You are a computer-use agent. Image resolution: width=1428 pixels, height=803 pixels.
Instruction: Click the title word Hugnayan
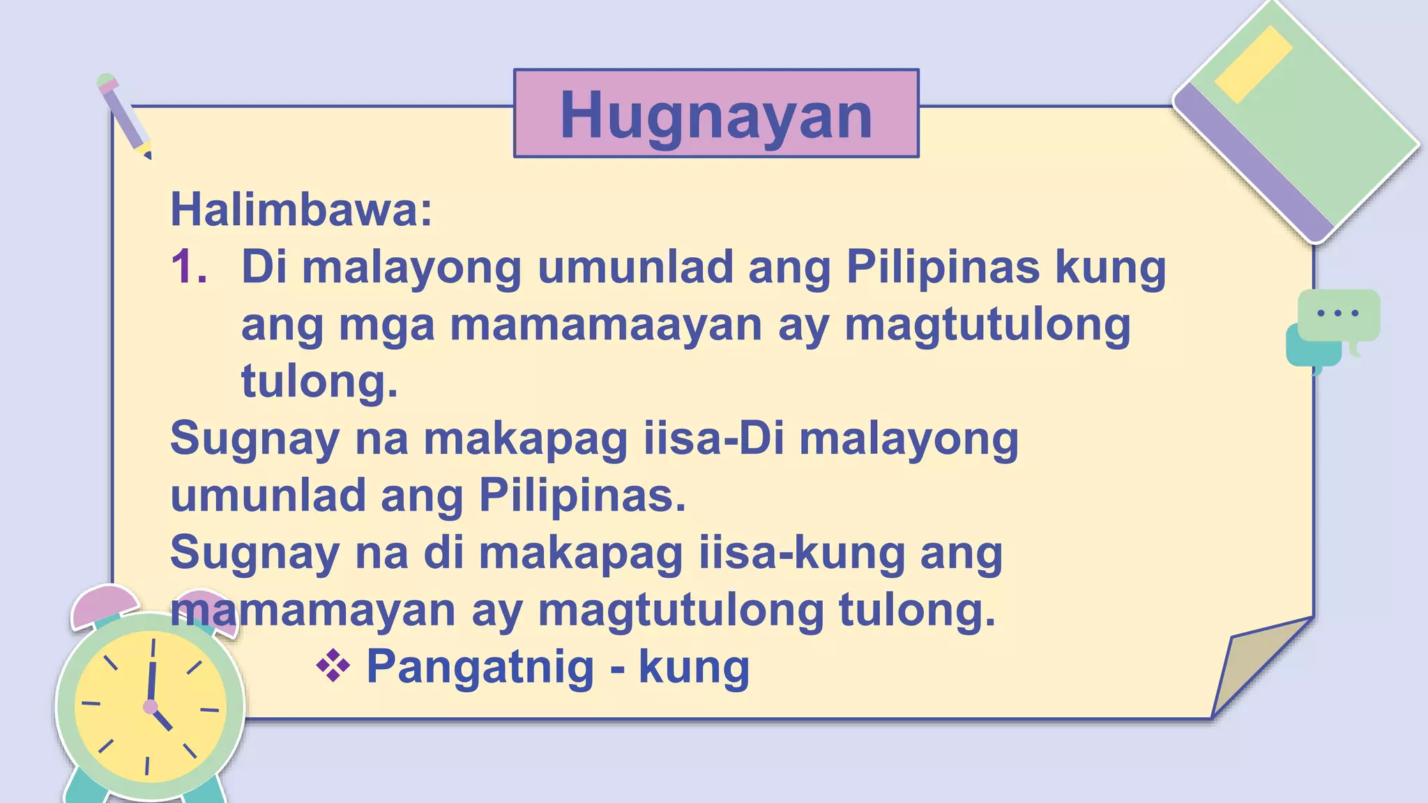(716, 115)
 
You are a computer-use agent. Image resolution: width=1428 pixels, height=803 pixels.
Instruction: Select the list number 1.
(189, 267)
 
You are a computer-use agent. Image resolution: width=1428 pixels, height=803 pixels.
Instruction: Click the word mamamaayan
(606, 325)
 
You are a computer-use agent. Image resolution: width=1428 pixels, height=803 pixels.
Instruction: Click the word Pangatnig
(480, 667)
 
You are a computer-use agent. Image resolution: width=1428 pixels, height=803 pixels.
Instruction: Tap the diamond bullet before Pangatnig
(333, 666)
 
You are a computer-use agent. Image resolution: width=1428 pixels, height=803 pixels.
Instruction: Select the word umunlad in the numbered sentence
(635, 267)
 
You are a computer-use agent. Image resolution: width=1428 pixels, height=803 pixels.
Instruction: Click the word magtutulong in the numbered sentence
(987, 325)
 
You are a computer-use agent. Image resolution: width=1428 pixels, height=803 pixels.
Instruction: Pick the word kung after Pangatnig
(694, 667)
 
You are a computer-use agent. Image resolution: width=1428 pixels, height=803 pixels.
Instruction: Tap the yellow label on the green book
(1253, 64)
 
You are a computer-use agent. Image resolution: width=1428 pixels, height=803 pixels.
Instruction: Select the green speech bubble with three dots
(1339, 314)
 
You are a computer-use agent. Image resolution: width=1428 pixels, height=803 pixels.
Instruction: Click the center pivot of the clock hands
(150, 707)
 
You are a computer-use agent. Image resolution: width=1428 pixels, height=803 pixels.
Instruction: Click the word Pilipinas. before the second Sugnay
(582, 496)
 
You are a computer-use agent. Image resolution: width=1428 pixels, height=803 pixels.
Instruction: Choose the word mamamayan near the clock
(314, 610)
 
